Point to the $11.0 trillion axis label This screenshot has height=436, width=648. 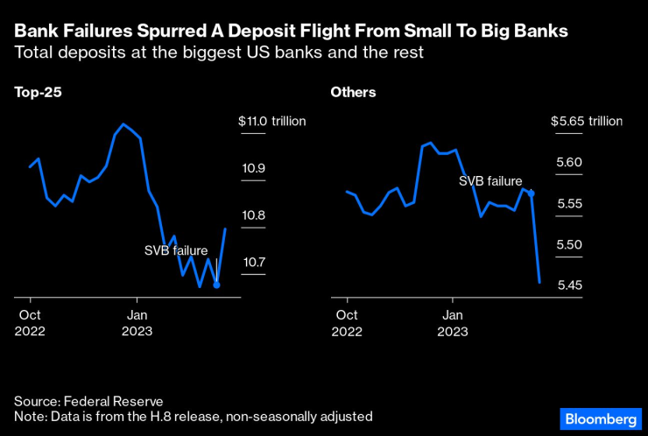coord(271,121)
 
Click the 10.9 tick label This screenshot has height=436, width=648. coord(254,168)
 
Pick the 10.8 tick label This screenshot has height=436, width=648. coord(254,215)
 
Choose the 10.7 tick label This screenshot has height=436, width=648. coord(254,262)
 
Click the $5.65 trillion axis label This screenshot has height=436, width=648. coord(585,121)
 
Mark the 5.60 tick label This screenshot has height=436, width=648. coord(568,162)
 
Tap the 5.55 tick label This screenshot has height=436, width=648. coord(568,203)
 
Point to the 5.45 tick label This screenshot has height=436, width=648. coord(568,285)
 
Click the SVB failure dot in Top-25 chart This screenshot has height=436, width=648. coord(216,285)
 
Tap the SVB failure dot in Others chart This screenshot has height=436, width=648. coord(531,193)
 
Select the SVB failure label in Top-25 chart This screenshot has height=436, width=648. coord(176,250)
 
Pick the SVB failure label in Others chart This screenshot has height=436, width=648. coord(491,180)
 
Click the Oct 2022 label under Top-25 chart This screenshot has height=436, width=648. coord(31,322)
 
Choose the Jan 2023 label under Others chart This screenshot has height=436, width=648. coord(452,322)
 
